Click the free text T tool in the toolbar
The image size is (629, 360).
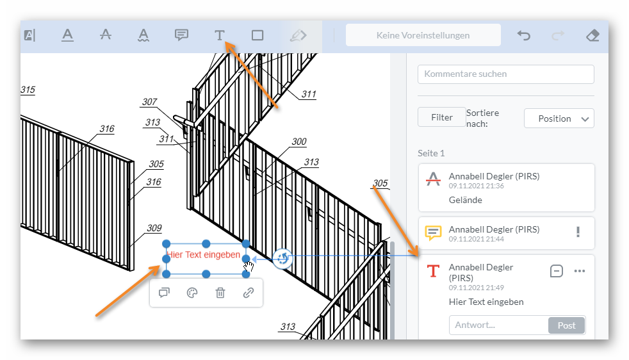pyautogui.click(x=219, y=35)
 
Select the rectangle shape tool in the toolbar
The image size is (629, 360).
pyautogui.click(x=257, y=35)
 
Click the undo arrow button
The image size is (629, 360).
pyautogui.click(x=523, y=36)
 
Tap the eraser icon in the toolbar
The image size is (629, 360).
pyautogui.click(x=592, y=36)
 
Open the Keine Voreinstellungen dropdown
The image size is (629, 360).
pyautogui.click(x=423, y=35)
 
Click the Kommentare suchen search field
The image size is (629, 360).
pyautogui.click(x=505, y=74)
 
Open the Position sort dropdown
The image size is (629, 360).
pyautogui.click(x=559, y=119)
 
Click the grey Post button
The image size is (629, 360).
pyautogui.click(x=566, y=325)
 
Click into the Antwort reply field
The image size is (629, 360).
pyautogui.click(x=498, y=325)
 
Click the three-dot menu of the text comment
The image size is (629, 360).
pyautogui.click(x=579, y=271)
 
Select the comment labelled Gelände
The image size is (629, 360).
pyautogui.click(x=506, y=188)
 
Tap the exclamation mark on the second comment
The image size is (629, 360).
pyautogui.click(x=578, y=232)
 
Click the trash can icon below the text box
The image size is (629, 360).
pyautogui.click(x=220, y=293)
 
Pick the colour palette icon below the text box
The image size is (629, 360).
pyautogui.click(x=192, y=293)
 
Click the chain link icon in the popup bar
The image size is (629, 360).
pyautogui.click(x=249, y=293)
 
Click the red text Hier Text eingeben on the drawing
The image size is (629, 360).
pyautogui.click(x=204, y=255)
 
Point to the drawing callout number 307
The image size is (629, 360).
pyautogui.click(x=149, y=102)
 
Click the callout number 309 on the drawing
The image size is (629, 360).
pyautogui.click(x=154, y=228)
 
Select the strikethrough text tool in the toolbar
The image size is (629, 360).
pyautogui.click(x=106, y=35)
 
